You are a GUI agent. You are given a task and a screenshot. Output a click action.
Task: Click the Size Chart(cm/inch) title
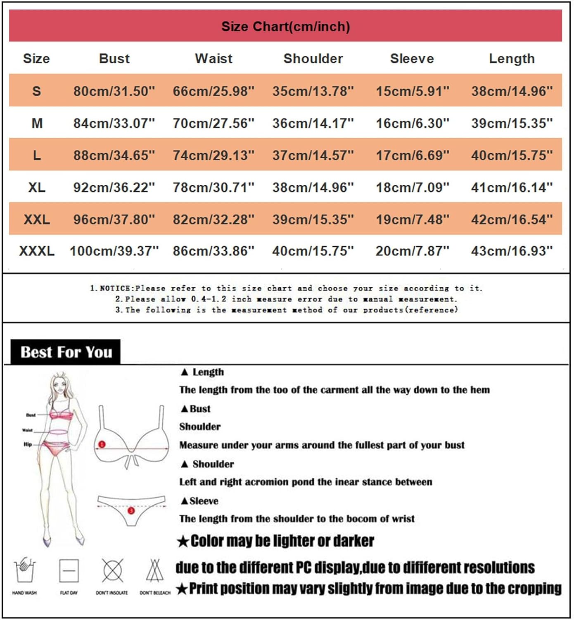(285, 26)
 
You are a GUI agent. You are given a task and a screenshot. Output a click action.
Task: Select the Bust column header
(114, 59)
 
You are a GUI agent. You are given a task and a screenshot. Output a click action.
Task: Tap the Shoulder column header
(313, 59)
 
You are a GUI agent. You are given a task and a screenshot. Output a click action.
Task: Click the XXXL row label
(36, 251)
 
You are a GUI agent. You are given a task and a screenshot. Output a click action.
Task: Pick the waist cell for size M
(213, 123)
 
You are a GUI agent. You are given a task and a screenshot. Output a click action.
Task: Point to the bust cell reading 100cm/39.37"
(114, 251)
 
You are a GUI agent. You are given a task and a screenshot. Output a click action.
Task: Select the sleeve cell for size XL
(412, 188)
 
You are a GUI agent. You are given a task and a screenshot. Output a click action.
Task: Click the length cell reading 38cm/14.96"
(512, 91)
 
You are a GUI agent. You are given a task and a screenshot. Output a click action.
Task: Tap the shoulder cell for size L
(313, 155)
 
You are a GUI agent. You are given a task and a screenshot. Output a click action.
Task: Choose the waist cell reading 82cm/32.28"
(213, 219)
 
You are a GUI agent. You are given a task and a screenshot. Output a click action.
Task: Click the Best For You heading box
(66, 352)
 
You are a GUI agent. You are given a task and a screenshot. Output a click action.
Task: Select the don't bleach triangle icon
(155, 570)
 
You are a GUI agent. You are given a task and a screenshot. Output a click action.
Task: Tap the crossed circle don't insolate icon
(112, 570)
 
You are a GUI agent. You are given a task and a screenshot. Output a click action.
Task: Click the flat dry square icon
(69, 571)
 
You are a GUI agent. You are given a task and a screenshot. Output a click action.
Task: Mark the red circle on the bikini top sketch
(102, 444)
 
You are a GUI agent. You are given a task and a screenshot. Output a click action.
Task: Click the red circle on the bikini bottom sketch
(131, 511)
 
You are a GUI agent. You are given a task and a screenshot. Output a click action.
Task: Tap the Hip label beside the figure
(28, 444)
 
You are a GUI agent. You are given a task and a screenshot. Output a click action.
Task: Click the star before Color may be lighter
(183, 541)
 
